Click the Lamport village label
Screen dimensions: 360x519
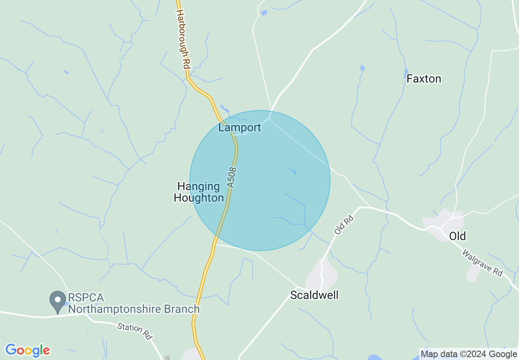(x=239, y=128)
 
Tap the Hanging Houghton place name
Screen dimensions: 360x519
(x=199, y=192)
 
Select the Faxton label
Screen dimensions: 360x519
(x=424, y=79)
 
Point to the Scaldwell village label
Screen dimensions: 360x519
(x=314, y=295)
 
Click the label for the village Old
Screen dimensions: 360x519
(x=457, y=236)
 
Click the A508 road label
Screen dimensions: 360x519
(x=232, y=177)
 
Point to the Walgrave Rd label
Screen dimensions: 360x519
(x=482, y=263)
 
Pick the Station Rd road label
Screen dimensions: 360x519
(x=135, y=331)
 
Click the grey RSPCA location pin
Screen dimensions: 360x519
(x=57, y=301)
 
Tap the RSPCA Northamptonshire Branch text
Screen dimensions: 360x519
(x=134, y=303)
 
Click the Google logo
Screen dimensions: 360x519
(x=27, y=350)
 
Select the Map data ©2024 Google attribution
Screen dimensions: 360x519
(x=469, y=354)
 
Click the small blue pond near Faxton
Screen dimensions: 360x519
(x=406, y=73)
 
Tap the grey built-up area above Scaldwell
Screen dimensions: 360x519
(x=323, y=273)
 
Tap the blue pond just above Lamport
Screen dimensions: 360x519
(x=225, y=109)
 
